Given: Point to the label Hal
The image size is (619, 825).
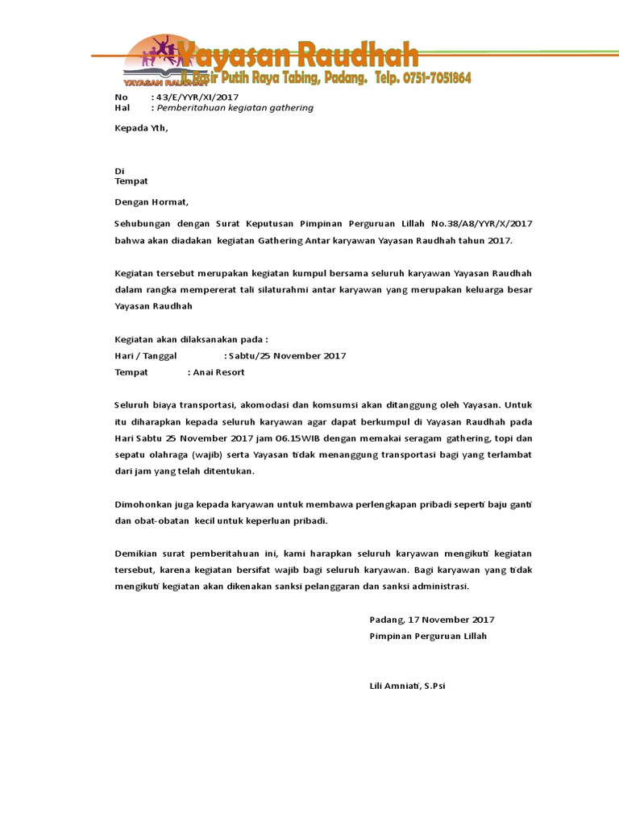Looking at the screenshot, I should click(122, 108).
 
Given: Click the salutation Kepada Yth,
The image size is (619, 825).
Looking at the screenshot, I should click(142, 128).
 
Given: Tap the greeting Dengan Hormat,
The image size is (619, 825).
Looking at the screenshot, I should click(151, 202).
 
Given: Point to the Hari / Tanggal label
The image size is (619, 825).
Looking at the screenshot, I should click(146, 355).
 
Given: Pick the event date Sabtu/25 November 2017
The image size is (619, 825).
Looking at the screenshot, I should click(287, 355).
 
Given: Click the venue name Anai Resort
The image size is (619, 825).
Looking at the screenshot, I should click(218, 372).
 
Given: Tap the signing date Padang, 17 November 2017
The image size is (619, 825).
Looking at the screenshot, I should click(431, 620).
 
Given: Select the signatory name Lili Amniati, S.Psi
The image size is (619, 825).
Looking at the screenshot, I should click(407, 686).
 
